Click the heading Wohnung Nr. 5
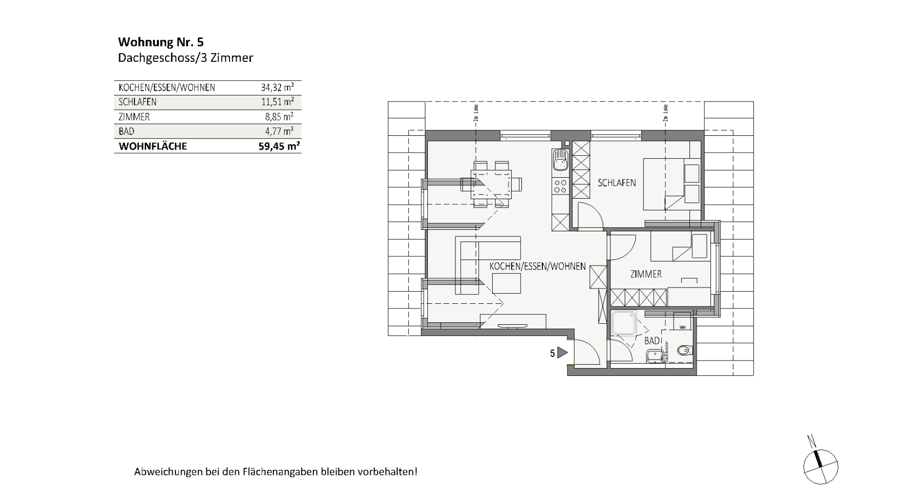160,42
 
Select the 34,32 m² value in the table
277,87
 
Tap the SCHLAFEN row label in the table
137,102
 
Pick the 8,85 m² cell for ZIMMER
279,116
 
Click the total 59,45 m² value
279,146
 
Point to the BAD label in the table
126,131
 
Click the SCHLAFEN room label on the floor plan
617,182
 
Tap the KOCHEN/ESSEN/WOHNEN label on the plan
537,267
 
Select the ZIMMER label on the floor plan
646,274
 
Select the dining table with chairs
491,184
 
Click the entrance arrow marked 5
562,352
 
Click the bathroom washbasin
654,355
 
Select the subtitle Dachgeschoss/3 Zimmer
186,58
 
